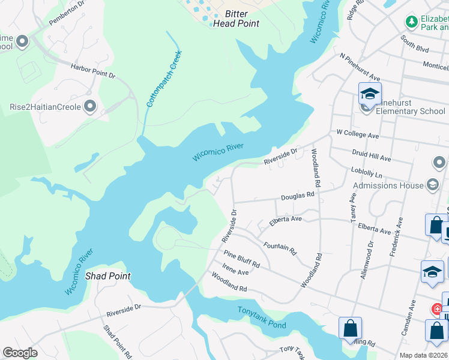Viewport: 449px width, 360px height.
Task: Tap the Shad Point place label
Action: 108,277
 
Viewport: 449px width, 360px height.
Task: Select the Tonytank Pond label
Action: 262,317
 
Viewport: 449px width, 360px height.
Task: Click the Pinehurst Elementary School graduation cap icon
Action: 370,94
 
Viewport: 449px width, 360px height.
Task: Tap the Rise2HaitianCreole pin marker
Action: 91,107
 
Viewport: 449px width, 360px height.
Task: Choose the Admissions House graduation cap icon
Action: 432,185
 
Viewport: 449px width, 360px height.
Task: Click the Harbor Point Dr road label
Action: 92,70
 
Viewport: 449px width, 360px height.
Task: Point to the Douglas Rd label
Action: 298,196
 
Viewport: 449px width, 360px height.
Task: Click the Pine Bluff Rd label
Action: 242,260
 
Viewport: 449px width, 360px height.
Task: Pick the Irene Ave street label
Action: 235,272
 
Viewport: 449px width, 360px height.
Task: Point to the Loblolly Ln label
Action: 366,172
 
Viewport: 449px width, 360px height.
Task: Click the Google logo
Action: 20,353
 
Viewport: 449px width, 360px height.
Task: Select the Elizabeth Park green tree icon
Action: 412,22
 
